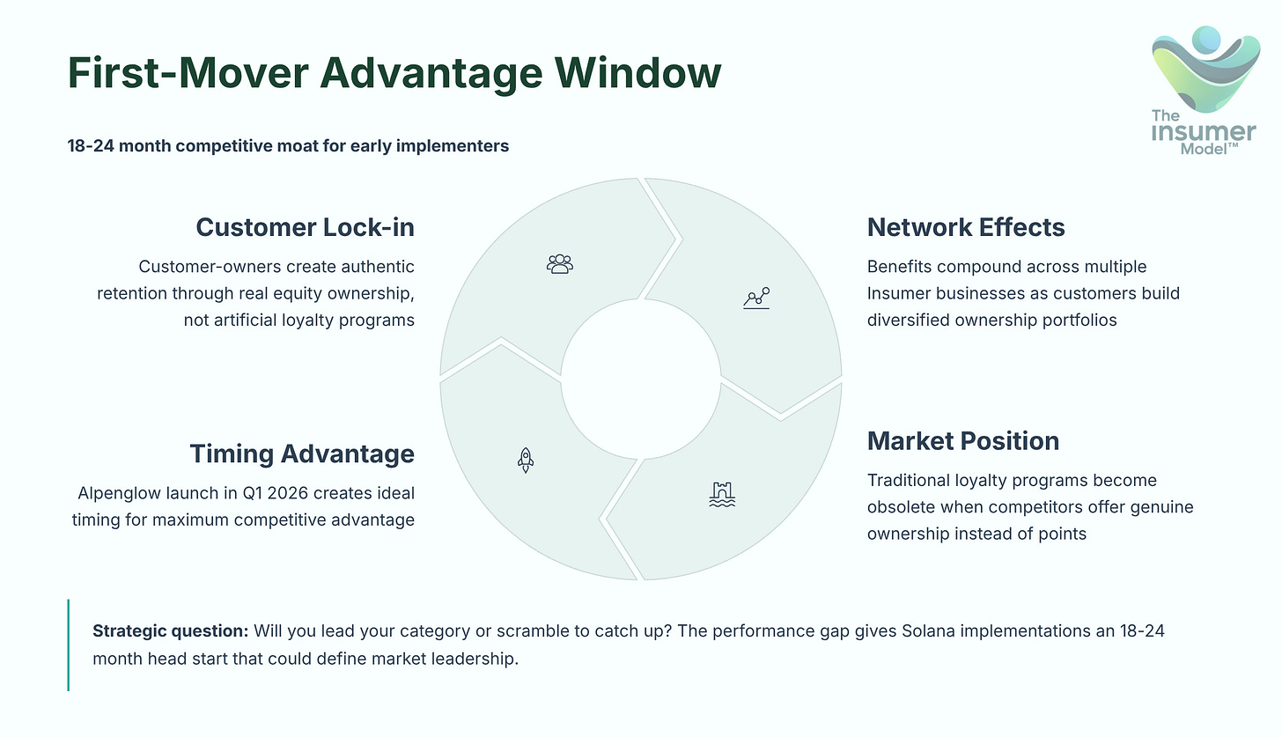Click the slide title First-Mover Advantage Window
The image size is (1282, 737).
click(394, 72)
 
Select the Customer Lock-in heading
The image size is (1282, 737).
click(305, 227)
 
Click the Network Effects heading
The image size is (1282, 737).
click(966, 227)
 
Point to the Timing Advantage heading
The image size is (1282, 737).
click(302, 454)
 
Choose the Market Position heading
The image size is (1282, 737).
click(962, 440)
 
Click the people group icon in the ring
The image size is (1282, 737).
click(559, 263)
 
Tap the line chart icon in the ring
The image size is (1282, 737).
click(756, 298)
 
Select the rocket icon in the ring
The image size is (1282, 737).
click(526, 459)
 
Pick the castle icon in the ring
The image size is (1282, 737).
click(721, 495)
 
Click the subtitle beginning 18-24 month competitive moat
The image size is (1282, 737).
click(288, 145)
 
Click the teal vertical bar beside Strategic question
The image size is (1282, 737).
click(68, 645)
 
